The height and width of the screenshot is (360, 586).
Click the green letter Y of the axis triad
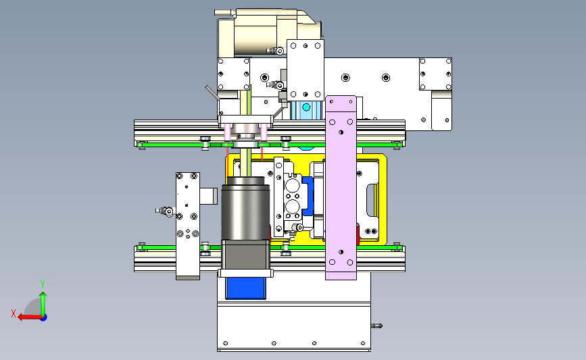[43, 284]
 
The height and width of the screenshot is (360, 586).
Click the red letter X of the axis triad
[14, 313]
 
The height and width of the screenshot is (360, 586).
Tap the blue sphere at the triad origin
[44, 318]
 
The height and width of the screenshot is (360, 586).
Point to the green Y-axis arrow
[43, 304]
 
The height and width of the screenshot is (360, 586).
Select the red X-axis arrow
[30, 317]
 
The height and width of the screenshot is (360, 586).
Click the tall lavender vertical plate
[341, 188]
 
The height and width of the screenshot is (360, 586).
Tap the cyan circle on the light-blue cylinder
[306, 107]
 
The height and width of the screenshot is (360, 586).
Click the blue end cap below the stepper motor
[245, 288]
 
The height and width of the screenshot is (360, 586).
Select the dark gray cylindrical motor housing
[245, 209]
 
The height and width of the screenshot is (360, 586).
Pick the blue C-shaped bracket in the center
[308, 196]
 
